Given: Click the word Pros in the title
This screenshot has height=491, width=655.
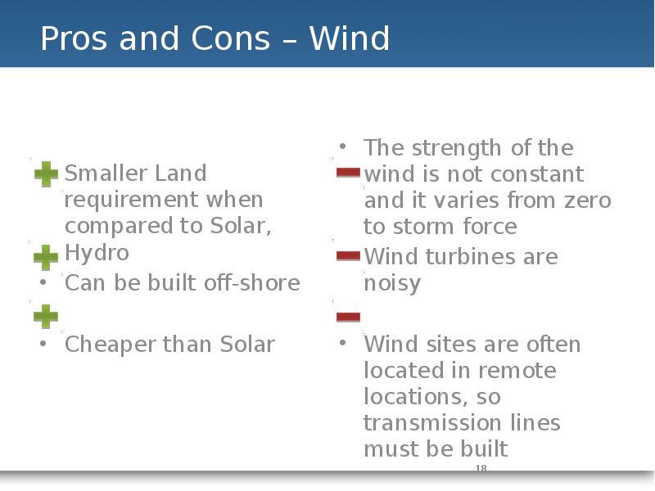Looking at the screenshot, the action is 74,38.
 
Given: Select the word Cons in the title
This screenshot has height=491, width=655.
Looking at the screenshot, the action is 231,38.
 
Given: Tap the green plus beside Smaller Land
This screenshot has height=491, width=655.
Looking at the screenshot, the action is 46,174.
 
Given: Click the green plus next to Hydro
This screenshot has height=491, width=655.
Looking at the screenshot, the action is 46,257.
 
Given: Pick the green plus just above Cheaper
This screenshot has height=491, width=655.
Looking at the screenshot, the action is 46,317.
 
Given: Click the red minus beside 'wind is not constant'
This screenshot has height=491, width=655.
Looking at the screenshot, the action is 349,173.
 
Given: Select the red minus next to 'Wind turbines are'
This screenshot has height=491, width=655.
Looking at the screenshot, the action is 349,256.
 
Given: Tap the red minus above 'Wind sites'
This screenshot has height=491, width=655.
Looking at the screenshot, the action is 349,317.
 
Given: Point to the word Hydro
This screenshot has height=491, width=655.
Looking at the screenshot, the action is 97,253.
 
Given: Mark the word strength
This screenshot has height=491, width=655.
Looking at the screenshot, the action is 457,148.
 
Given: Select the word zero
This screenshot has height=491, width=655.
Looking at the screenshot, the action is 588,200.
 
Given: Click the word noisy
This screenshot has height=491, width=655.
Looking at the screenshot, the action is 392,284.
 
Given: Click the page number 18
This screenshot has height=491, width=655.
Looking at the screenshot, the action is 481,468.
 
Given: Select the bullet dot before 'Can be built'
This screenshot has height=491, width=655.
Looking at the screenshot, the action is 43,282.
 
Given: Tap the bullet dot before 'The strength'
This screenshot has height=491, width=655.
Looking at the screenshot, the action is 343,146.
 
